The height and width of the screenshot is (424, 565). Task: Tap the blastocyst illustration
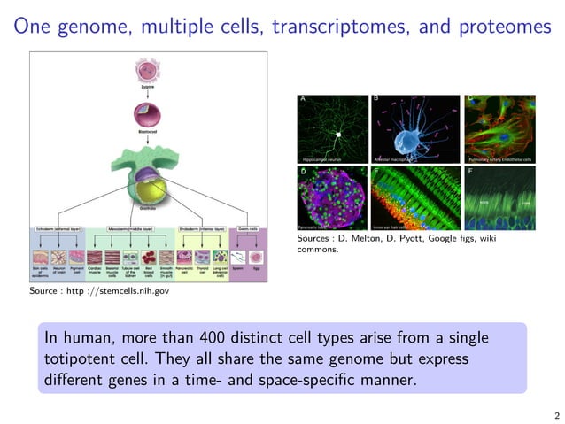click(147, 112)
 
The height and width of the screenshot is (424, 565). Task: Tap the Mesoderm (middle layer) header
click(131, 229)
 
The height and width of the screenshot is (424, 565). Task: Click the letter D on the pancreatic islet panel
click(303, 172)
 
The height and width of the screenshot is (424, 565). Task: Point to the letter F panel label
click(470, 172)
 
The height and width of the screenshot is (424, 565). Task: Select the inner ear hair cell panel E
click(414, 198)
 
